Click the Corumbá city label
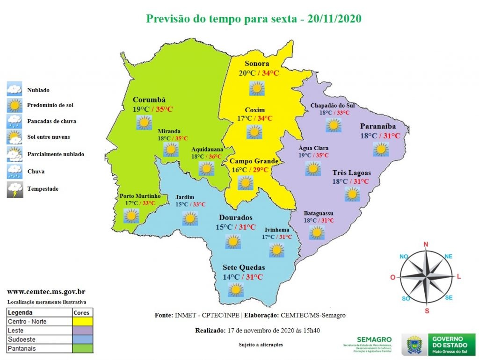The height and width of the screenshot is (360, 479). (149, 100)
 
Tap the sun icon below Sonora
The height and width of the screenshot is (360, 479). (257, 88)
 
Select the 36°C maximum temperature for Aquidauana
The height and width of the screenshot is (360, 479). (215, 157)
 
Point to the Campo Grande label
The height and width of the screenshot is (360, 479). (254, 161)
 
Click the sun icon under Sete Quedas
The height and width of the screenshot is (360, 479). (235, 290)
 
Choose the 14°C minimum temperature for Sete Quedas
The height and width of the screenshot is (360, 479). (232, 277)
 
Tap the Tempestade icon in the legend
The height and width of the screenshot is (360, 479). (15, 189)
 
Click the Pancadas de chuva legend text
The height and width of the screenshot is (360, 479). (51, 121)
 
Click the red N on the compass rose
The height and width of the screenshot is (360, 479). (426, 244)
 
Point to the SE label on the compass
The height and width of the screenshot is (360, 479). (449, 298)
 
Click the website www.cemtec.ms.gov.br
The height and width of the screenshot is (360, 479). (46, 292)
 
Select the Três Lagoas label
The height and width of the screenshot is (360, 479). (351, 173)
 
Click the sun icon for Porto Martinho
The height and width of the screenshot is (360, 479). (131, 216)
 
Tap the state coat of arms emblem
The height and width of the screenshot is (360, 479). (414, 345)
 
